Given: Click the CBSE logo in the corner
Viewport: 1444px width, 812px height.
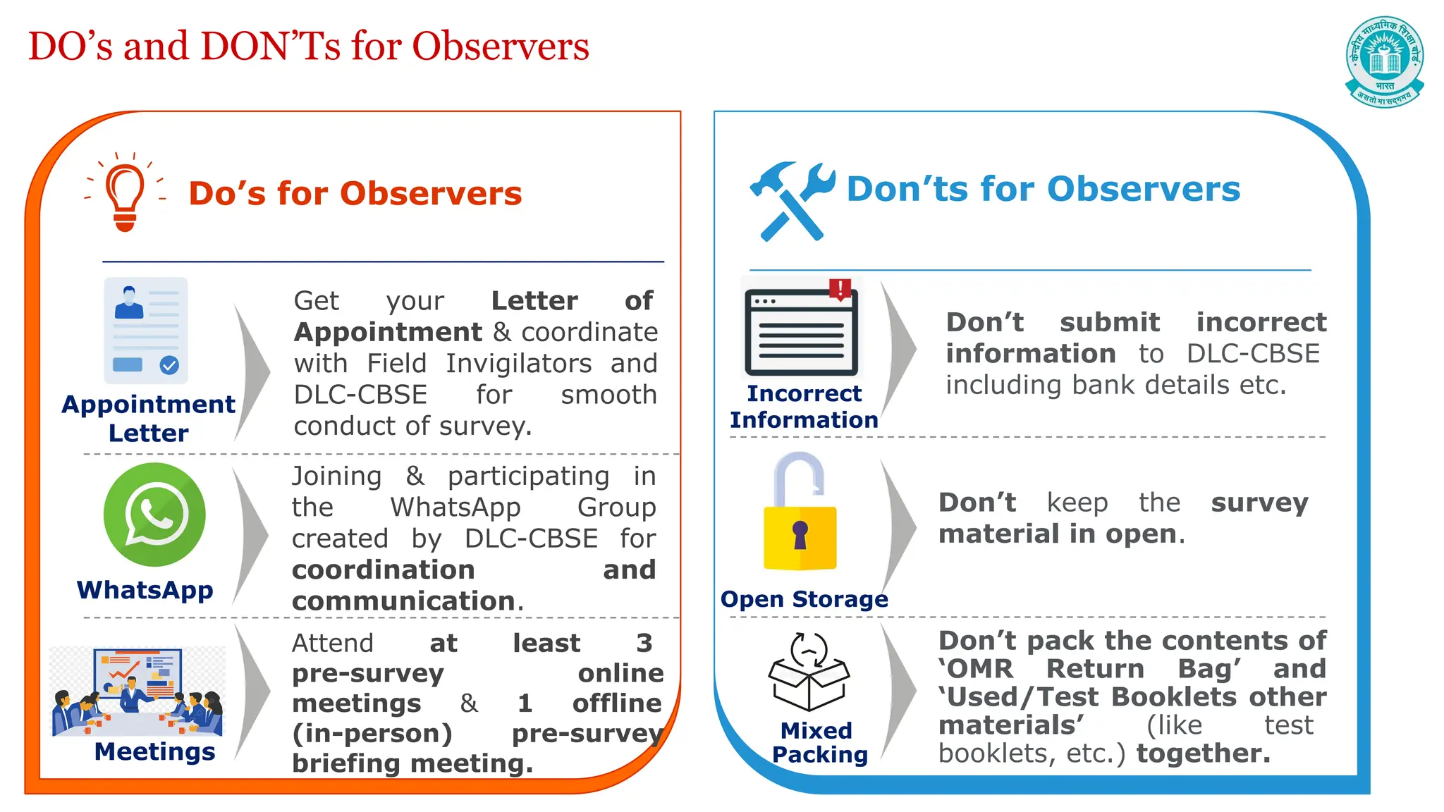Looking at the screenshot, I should click(x=1384, y=62).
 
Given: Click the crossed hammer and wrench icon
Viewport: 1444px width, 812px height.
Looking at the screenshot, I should click(x=791, y=201).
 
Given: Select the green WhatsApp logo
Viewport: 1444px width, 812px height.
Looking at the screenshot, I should click(x=154, y=514).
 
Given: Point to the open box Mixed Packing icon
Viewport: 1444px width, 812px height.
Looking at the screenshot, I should click(x=809, y=672).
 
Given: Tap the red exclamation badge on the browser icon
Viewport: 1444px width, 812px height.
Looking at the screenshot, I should click(x=840, y=288).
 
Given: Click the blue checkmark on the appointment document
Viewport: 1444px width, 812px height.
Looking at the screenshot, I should click(x=169, y=365).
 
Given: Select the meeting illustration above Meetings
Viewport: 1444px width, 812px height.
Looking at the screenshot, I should click(x=137, y=691).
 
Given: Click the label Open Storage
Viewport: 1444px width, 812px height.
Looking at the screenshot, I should click(x=804, y=599).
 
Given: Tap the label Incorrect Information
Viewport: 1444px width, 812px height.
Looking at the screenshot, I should click(x=804, y=407).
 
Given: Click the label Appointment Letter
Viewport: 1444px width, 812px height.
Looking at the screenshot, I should click(x=148, y=418).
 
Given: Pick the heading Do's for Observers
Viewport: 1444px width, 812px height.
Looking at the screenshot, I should click(x=355, y=193).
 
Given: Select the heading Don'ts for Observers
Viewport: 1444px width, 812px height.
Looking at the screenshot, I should click(x=1043, y=189).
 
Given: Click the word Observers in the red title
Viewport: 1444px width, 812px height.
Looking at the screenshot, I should click(x=500, y=47).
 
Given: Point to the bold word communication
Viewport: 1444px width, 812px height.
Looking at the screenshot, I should click(x=404, y=601).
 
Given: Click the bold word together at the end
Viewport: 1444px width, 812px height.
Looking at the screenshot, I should click(x=1203, y=753).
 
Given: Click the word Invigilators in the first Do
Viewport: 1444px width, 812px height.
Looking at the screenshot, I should click(x=518, y=364).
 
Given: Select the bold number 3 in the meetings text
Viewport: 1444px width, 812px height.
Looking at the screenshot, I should click(x=644, y=643).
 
